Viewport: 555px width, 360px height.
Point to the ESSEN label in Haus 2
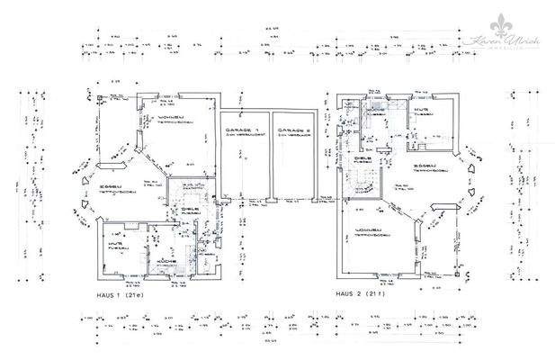pos(425,166)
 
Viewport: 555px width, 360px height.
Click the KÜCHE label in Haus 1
pos(166,261)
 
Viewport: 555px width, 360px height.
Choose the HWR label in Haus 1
pos(117,244)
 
